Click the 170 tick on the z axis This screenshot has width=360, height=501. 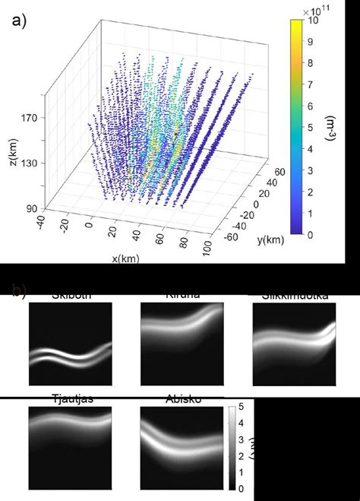[x=28, y=119]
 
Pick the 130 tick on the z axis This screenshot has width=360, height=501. [x=28, y=162]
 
